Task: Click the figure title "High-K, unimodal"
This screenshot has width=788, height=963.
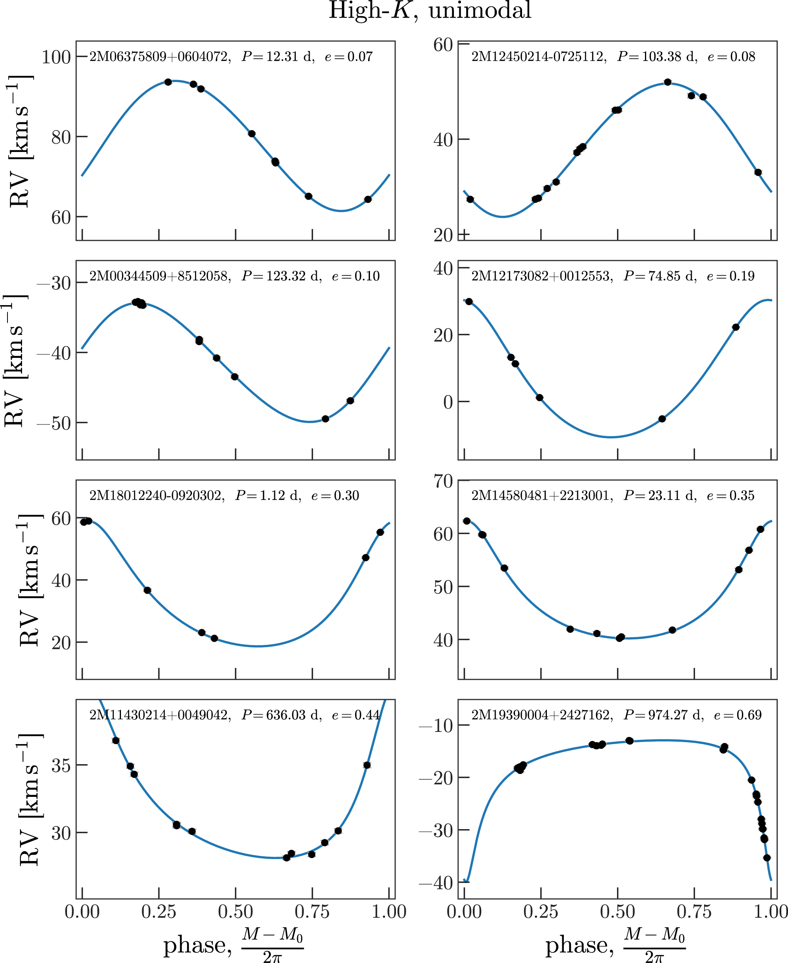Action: (x=430, y=11)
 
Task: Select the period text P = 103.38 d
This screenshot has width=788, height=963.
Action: (x=657, y=57)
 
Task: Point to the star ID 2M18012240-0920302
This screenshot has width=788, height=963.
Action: (x=156, y=495)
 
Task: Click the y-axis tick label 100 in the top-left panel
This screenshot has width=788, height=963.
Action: (x=56, y=57)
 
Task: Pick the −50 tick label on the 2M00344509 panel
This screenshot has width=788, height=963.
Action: (x=54, y=423)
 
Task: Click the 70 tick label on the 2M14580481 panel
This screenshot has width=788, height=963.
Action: (x=444, y=481)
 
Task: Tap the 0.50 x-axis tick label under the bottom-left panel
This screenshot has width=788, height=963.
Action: (x=235, y=912)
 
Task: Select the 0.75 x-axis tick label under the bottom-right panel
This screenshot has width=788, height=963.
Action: (x=694, y=912)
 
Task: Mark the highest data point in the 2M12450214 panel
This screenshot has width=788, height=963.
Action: (x=667, y=82)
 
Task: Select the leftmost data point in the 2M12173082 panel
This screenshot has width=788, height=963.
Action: (x=469, y=302)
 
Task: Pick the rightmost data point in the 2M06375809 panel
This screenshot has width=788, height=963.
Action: (x=368, y=200)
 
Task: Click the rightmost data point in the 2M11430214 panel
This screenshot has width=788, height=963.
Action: (x=367, y=765)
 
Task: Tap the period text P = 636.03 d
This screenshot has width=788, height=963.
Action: (x=281, y=715)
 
